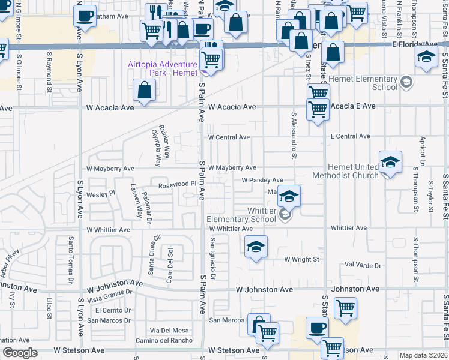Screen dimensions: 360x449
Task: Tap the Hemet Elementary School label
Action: (368, 83)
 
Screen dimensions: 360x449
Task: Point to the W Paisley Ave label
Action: (262, 180)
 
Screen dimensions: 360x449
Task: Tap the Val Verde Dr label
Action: (363, 265)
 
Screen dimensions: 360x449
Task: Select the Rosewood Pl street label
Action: (178, 185)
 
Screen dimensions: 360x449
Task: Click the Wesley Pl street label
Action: (100, 194)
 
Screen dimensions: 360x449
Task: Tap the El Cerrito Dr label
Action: (113, 310)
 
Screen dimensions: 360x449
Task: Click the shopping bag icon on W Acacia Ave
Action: (145, 91)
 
